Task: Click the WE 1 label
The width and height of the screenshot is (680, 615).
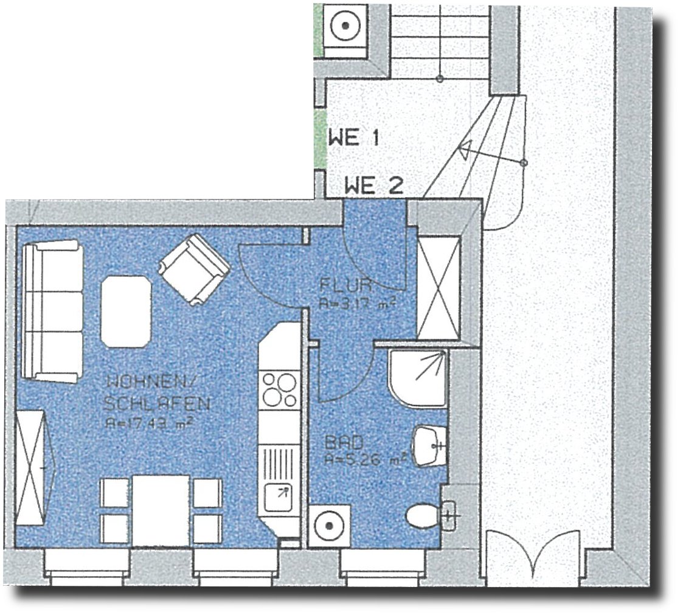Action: click(x=353, y=137)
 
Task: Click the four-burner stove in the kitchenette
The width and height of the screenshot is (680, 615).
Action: click(x=279, y=390)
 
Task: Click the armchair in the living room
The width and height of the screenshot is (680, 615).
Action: click(x=194, y=268)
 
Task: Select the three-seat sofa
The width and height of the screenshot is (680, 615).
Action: click(x=52, y=311)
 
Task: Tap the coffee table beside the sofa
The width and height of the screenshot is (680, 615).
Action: click(x=125, y=311)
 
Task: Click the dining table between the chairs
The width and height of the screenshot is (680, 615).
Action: click(x=161, y=510)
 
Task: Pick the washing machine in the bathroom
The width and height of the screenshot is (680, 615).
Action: click(x=329, y=525)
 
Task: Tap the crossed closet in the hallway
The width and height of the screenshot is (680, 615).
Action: click(x=437, y=286)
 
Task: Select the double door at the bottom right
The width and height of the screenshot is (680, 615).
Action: click(x=532, y=557)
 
